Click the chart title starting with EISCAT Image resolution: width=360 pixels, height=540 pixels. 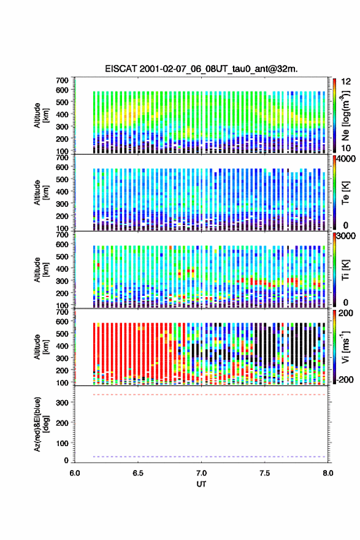(201, 69)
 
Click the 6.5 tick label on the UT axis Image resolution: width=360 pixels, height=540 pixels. (137, 473)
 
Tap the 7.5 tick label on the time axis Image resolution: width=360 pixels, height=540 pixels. (264, 473)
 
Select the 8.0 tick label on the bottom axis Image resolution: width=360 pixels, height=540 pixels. (328, 473)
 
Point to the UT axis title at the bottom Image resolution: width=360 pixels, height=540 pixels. (201, 484)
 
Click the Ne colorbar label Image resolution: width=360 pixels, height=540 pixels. (346, 115)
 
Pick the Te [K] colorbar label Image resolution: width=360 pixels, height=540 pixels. (345, 193)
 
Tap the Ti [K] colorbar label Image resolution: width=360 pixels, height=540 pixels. (345, 269)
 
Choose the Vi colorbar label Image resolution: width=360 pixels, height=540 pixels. (346, 347)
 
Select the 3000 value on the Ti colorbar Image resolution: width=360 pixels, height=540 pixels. (345, 236)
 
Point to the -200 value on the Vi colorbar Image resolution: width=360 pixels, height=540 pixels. (343, 379)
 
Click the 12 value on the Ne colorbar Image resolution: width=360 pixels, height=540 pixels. (347, 82)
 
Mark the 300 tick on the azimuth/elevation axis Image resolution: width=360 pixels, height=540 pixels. (63, 403)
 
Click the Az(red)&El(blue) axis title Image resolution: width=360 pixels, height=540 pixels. (41, 424)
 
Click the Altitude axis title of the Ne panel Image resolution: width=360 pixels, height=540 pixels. (41, 115)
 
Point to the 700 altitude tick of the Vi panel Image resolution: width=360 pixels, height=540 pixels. (63, 312)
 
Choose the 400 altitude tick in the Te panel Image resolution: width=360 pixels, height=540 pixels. (63, 191)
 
